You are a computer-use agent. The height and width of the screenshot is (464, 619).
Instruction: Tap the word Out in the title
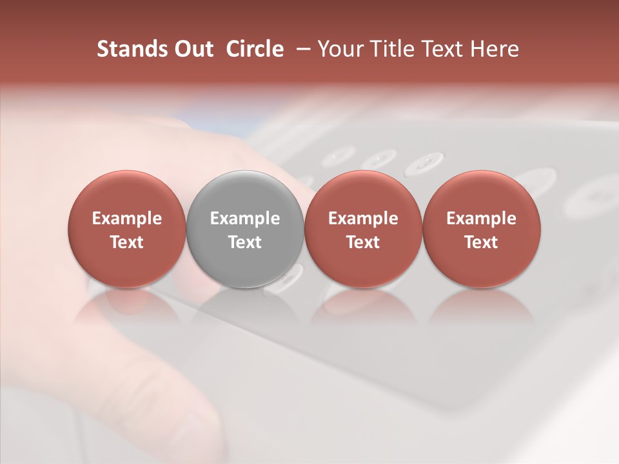(193, 49)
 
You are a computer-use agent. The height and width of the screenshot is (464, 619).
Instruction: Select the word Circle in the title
(255, 49)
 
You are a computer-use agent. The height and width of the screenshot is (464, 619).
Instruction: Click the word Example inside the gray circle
(245, 218)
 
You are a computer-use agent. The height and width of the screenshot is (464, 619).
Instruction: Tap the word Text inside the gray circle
(245, 242)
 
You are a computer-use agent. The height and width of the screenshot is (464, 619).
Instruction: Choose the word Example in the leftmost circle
(127, 218)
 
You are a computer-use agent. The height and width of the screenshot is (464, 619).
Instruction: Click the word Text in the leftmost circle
(127, 242)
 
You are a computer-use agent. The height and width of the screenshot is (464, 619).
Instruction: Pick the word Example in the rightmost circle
(481, 218)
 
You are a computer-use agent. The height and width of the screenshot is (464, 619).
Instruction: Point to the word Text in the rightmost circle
(481, 242)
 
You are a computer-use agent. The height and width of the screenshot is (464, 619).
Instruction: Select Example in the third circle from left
(363, 218)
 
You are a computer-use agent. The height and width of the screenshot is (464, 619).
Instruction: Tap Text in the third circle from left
(363, 242)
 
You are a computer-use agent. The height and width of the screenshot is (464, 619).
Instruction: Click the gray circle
(245, 193)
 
